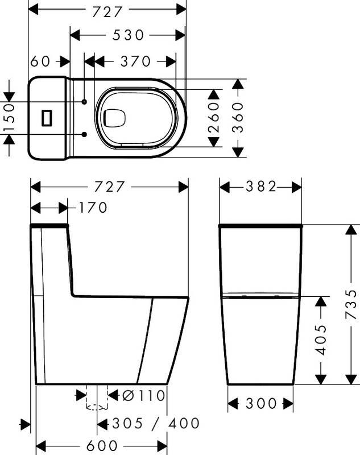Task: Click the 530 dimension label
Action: tap(127, 35)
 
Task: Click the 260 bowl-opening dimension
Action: tap(213, 118)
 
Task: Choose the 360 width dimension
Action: tap(238, 118)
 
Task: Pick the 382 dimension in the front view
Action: tap(261, 187)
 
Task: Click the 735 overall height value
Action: tap(352, 304)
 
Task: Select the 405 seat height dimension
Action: tap(321, 340)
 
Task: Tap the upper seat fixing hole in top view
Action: tap(84, 102)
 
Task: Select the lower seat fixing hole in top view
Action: tap(84, 134)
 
